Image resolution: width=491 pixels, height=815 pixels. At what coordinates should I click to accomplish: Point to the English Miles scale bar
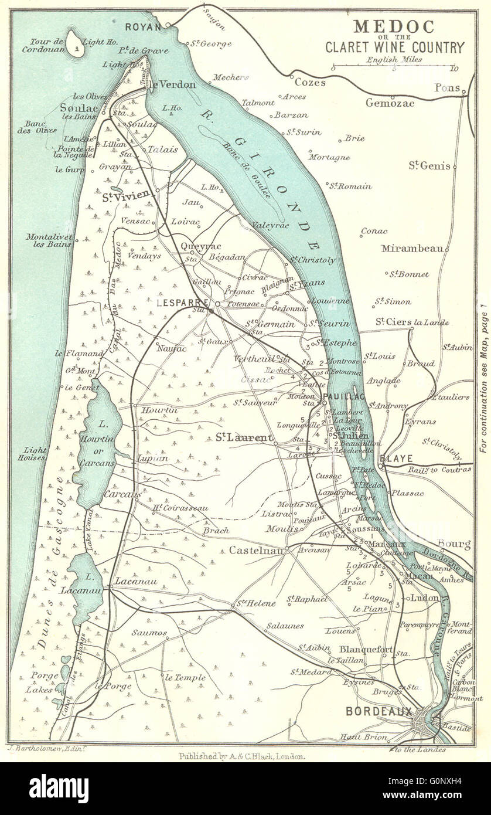click(x=393, y=67)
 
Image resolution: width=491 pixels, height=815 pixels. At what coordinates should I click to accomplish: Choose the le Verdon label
click(x=163, y=84)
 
